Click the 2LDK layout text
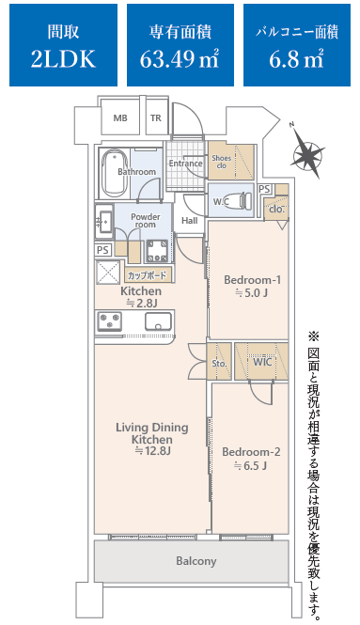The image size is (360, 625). point(63,59)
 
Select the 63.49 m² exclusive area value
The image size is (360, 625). point(180,59)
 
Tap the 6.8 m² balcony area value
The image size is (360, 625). point(296,59)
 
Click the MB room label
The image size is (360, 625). point(120,118)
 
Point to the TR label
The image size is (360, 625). point(156,118)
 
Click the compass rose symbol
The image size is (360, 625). point(308,152)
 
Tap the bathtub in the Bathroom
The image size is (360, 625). point(114,174)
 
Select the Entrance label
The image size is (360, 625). point(185,164)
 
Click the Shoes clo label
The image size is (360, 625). point(221,162)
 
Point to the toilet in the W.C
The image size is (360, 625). point(241,199)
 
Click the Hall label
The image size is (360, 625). point(189,221)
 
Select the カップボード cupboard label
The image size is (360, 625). point(148,275)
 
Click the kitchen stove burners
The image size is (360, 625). point(110,321)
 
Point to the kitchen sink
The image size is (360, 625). point(158,321)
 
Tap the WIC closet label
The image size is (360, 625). point(262,362)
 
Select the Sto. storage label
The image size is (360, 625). point(219,364)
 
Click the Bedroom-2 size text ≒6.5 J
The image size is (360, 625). point(250,465)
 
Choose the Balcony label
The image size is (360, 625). point(196,561)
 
